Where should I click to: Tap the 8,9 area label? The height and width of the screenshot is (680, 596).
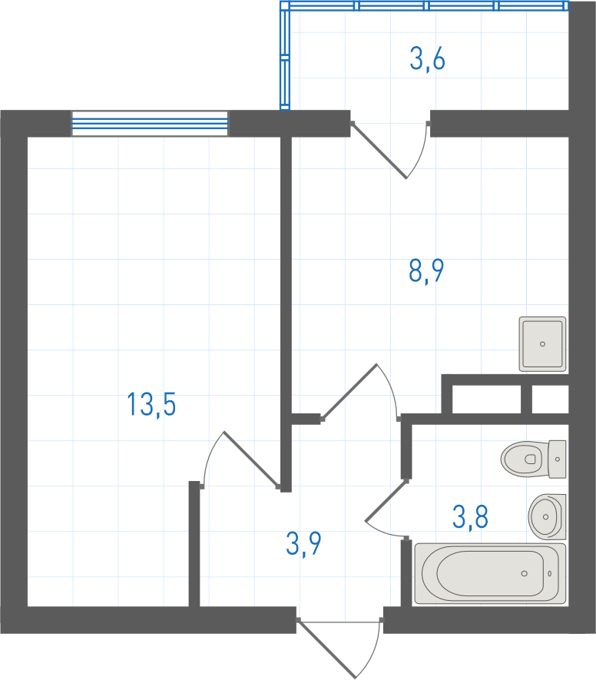pyautogui.click(x=426, y=270)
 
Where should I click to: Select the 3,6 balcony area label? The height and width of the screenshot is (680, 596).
pyautogui.click(x=427, y=59)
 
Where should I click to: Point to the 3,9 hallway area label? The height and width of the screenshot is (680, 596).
pyautogui.click(x=303, y=544)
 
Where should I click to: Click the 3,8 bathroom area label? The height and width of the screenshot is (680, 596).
pyautogui.click(x=470, y=516)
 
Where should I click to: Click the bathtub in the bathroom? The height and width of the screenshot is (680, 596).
pyautogui.click(x=490, y=573)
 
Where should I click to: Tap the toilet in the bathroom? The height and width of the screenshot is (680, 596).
pyautogui.click(x=533, y=459)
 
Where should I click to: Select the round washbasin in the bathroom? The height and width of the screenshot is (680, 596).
pyautogui.click(x=547, y=516)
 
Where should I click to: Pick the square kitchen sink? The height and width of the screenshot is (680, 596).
pyautogui.click(x=543, y=344)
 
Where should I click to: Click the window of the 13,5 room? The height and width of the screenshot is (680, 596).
pyautogui.click(x=150, y=124)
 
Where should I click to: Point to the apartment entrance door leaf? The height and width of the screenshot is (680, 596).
pyautogui.click(x=327, y=648)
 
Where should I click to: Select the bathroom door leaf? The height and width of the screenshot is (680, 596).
pyautogui.click(x=386, y=499)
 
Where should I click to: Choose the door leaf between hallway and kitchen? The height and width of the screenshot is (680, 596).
pyautogui.click(x=349, y=392)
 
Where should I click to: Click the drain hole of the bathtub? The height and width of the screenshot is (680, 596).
pyautogui.click(x=524, y=573)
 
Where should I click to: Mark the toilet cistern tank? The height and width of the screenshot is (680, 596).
pyautogui.click(x=558, y=459)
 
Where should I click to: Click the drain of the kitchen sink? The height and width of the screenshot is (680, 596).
pyautogui.click(x=542, y=344)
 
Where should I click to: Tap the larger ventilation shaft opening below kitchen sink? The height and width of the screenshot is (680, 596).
pyautogui.click(x=487, y=399)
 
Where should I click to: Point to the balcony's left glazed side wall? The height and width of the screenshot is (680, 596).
pyautogui.click(x=285, y=55)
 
